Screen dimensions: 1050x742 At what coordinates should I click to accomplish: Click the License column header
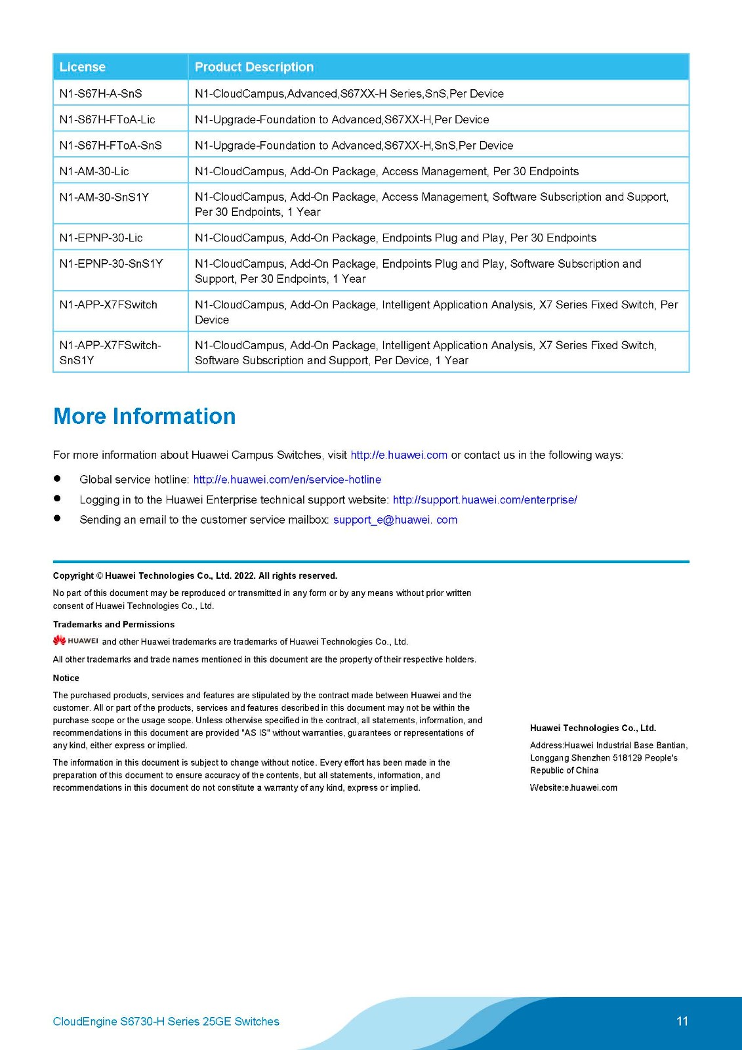point(83,67)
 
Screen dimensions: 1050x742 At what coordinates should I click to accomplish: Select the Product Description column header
point(254,67)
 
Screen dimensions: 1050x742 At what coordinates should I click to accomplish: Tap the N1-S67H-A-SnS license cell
point(100,94)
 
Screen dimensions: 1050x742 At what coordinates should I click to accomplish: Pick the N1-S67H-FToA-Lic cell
point(107,119)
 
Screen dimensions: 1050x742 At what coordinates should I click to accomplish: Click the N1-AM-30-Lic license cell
point(94,171)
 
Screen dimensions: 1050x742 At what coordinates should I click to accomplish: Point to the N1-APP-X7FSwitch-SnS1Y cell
point(110,352)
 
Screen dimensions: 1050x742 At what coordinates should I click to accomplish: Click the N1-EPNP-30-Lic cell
point(100,238)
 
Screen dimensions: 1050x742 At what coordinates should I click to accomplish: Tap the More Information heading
point(144,416)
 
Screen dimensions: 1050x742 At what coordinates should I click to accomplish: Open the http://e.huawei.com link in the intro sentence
point(399,455)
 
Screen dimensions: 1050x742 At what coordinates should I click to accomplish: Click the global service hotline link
point(287,480)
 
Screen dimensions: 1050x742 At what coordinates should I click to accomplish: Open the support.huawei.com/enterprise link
point(485,500)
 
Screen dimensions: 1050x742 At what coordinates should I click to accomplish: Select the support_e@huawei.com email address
point(395,520)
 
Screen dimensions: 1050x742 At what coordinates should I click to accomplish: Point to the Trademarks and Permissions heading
point(113,624)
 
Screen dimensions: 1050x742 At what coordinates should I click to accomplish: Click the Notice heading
point(66,678)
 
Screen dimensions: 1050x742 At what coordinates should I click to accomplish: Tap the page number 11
point(682,1021)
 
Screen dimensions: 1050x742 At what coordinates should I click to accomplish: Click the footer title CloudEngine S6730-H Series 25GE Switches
point(166,1021)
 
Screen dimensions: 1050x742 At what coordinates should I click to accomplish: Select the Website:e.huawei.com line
point(573,787)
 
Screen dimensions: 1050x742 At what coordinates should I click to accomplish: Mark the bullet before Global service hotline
point(57,479)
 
